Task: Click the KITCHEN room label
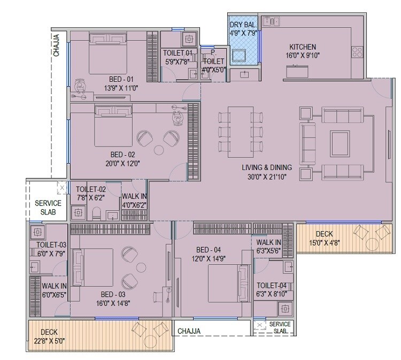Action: coord(303,47)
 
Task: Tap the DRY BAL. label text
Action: coord(243,25)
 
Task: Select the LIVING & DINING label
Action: coord(266,168)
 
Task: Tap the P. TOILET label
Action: coord(214,57)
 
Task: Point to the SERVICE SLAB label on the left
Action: coord(48,207)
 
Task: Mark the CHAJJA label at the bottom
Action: coord(189,331)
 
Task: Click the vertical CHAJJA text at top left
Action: coord(56,45)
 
